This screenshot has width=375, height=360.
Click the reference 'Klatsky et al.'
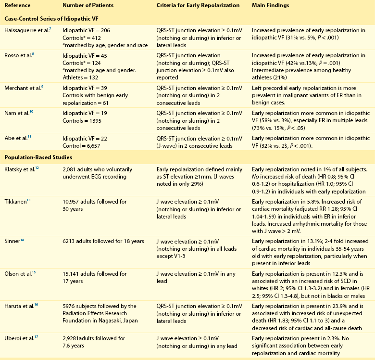point(21,169)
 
